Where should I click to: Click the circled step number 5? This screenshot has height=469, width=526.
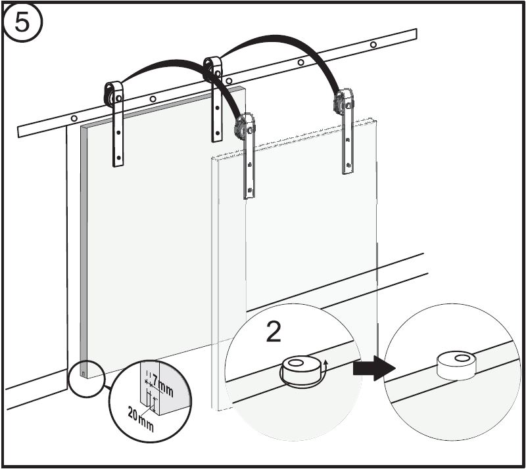(x=22, y=22)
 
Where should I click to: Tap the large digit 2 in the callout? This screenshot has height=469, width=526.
(x=274, y=331)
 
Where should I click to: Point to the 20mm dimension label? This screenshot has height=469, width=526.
(x=141, y=419)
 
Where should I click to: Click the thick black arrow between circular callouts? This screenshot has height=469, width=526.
(x=374, y=368)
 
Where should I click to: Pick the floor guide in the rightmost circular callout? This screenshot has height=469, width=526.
(x=456, y=365)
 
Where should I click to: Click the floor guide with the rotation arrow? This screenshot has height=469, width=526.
(x=300, y=370)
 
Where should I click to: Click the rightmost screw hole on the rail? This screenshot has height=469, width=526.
(x=373, y=44)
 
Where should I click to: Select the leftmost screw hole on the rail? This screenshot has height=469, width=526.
(x=74, y=118)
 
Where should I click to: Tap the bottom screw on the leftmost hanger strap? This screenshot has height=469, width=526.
(x=118, y=157)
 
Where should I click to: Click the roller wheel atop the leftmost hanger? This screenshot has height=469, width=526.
(x=110, y=95)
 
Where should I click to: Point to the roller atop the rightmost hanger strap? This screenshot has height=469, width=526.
(x=342, y=100)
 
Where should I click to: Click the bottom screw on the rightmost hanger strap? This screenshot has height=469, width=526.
(x=348, y=165)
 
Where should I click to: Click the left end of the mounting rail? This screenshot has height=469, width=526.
(x=18, y=131)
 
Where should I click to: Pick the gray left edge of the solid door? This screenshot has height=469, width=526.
(x=84, y=252)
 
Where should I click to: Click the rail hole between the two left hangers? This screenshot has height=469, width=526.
(x=153, y=99)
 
